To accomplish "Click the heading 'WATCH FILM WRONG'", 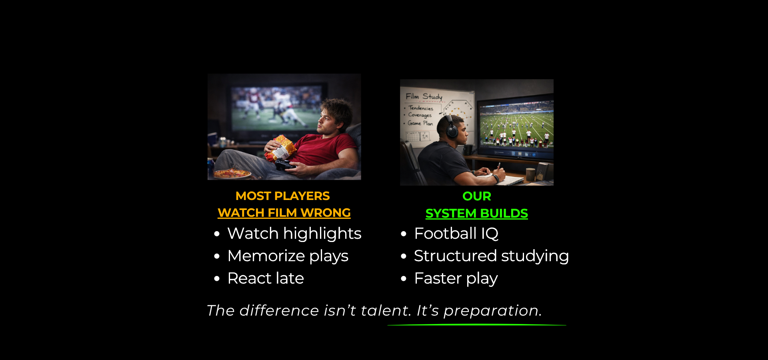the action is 284,213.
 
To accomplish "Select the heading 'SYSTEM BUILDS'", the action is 477,214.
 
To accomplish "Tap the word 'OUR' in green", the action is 477,196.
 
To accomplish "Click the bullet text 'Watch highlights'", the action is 294,234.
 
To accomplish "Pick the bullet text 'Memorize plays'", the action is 288,256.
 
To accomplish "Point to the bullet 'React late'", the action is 266,278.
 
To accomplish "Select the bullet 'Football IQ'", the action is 456,234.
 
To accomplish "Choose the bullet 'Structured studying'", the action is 492,256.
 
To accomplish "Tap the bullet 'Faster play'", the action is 456,278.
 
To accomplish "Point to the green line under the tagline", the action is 477,325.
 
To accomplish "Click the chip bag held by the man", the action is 281,148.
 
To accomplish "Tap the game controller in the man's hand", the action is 286,165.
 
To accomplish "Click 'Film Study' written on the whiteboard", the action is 424,96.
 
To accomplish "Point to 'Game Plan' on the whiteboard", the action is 420,123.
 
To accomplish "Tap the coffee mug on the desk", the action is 530,175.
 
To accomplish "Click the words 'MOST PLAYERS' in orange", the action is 283,196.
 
